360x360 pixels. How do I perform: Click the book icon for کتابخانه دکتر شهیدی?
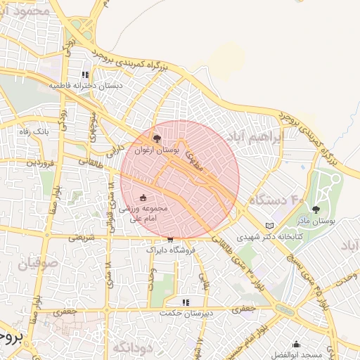click(269, 226)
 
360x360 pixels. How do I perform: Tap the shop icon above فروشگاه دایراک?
click(169, 239)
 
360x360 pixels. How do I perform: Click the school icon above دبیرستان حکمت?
click(186, 302)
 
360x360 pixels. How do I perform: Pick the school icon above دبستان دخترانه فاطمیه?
click(85, 75)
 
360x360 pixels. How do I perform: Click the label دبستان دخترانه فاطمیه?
click(85, 86)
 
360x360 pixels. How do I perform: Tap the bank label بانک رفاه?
click(32, 131)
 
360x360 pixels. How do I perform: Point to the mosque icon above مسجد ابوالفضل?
click(296, 345)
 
